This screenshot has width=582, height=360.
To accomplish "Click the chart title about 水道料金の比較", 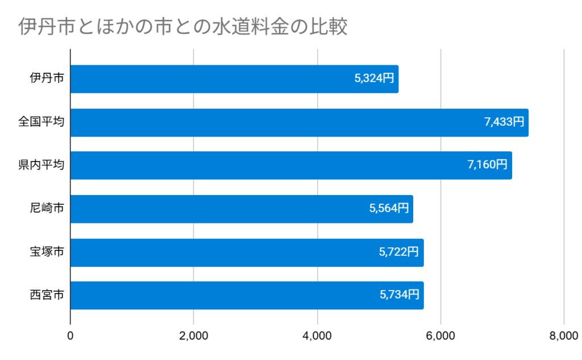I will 182,27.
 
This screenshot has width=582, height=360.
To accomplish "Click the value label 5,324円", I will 374,78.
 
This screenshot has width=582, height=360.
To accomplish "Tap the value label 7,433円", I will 504,122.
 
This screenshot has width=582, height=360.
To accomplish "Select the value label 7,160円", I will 487,165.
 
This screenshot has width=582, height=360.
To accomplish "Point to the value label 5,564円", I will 389,208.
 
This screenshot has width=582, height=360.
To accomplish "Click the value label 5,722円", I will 399,251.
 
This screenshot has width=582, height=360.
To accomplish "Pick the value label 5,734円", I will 399,295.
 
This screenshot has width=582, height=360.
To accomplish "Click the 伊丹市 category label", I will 47,79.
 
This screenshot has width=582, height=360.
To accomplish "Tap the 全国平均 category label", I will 41,122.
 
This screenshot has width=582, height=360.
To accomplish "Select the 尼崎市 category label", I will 47,209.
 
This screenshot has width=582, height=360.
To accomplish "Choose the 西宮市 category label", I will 47,295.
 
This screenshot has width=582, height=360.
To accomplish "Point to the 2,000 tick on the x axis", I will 194,336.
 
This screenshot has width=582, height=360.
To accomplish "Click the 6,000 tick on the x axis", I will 440,336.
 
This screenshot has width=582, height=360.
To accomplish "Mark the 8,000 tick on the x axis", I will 563,336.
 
